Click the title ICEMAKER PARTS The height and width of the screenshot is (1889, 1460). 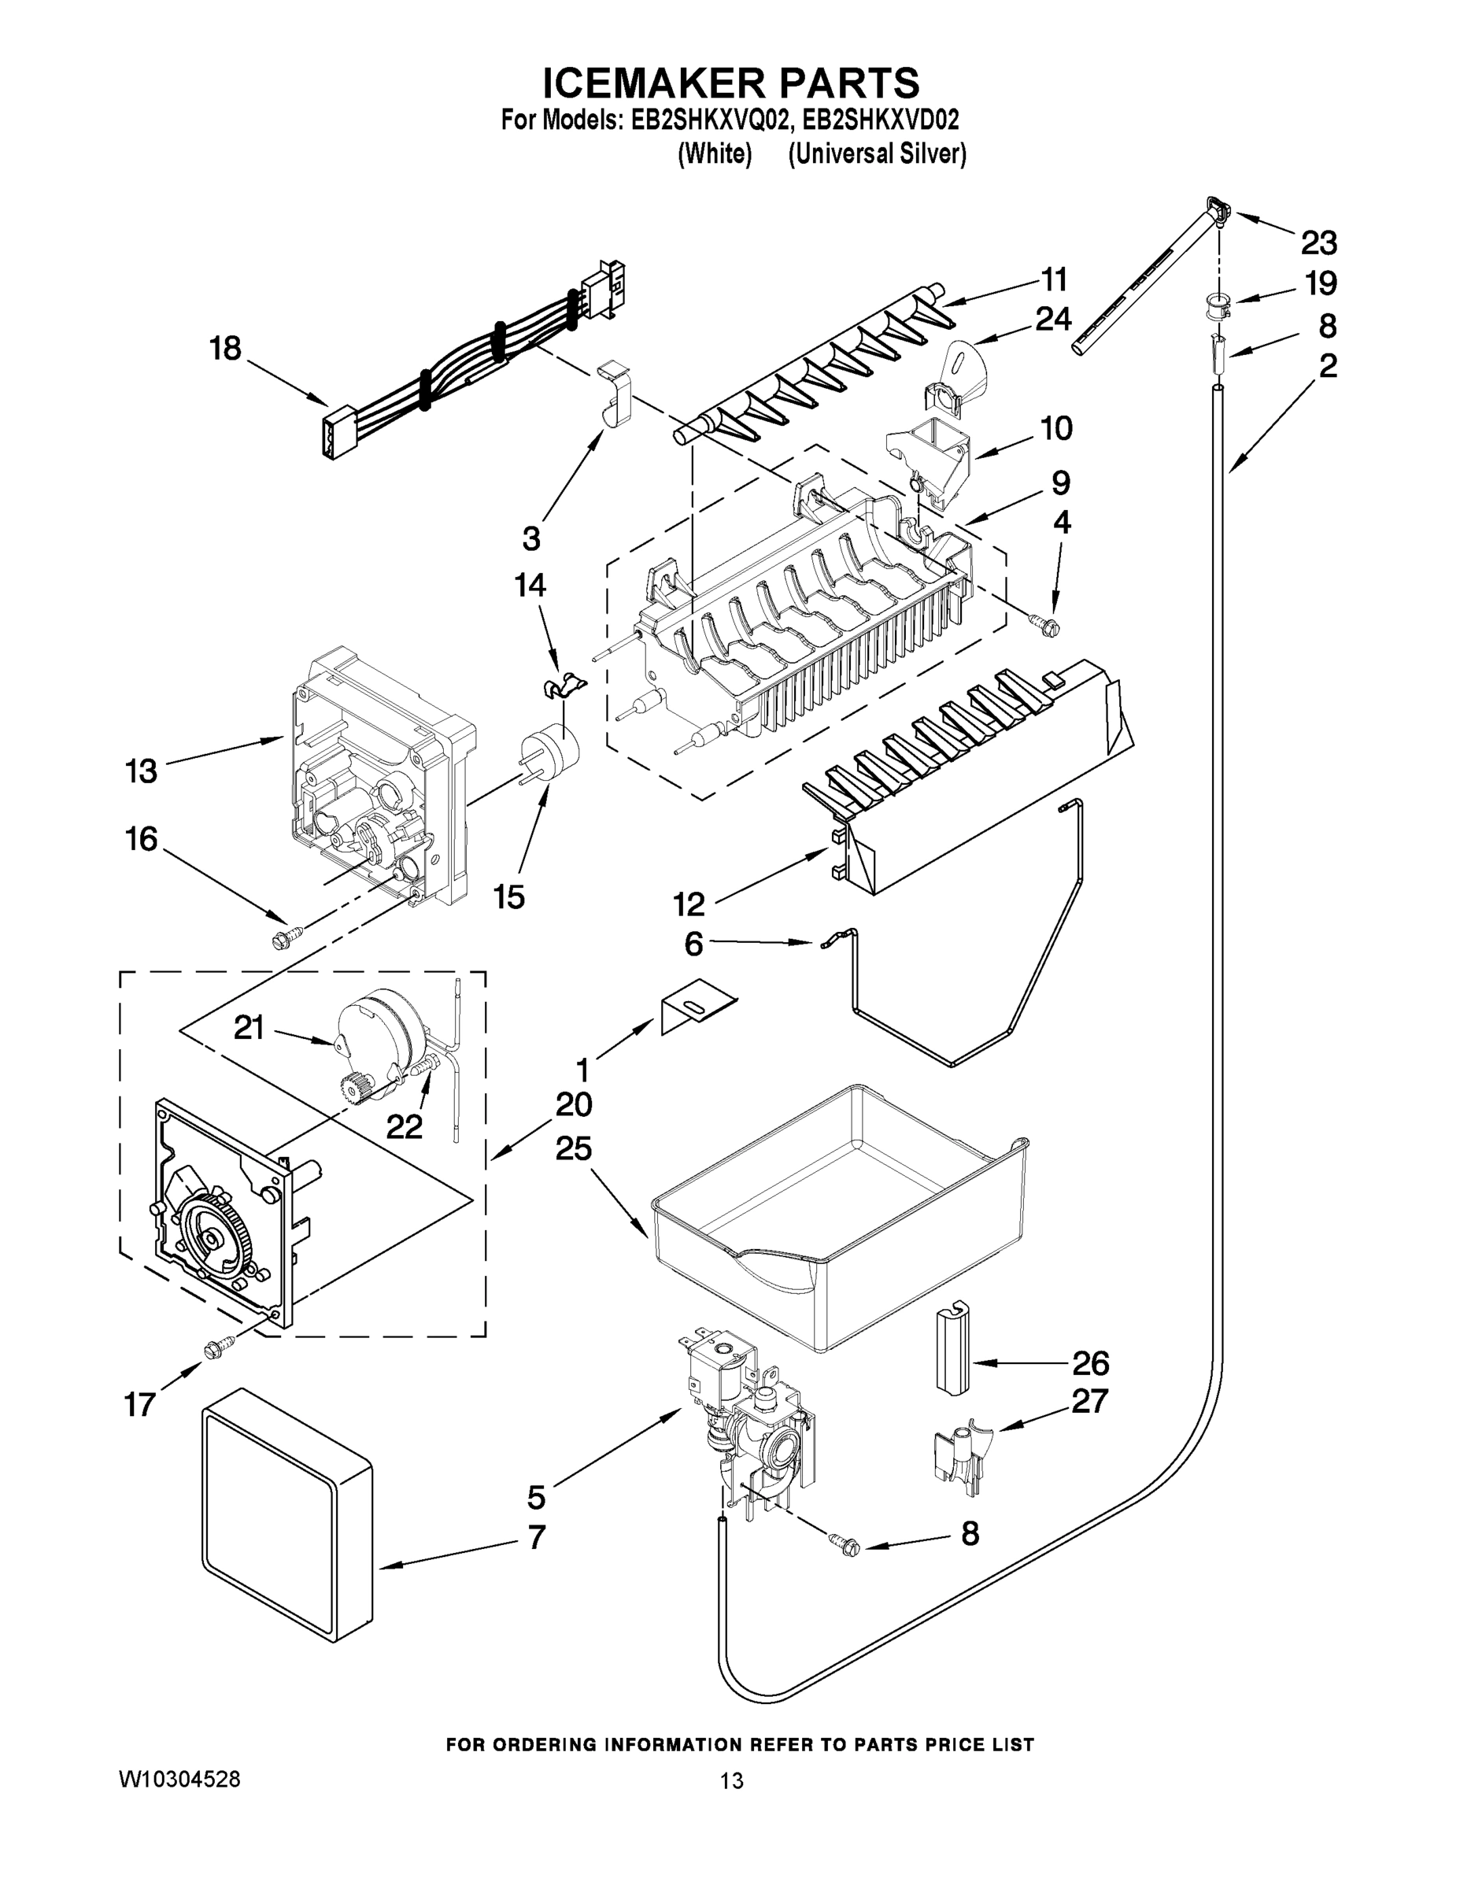click(x=730, y=84)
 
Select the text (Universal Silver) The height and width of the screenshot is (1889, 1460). click(x=876, y=154)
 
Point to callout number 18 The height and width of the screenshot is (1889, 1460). click(x=225, y=349)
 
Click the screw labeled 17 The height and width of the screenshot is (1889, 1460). click(x=220, y=1347)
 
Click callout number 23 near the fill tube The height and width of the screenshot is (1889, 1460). click(x=1318, y=243)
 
